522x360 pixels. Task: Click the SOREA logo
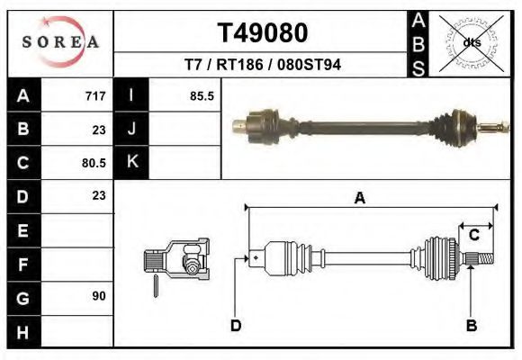(x=59, y=41)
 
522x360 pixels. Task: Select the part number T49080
(x=263, y=32)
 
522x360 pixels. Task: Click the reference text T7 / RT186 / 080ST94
(x=263, y=65)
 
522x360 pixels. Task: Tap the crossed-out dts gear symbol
(x=470, y=41)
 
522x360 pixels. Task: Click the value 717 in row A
(x=95, y=95)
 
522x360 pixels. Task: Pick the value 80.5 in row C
(x=93, y=163)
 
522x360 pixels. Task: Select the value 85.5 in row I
(x=202, y=95)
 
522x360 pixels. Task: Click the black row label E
(x=23, y=230)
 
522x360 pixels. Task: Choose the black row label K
(x=132, y=163)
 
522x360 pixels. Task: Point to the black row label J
(x=132, y=129)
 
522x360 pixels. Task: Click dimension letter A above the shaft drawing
(x=360, y=199)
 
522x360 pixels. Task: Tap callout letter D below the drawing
(x=235, y=326)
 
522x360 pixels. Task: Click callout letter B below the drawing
(x=471, y=326)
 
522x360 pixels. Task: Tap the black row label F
(x=23, y=264)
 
